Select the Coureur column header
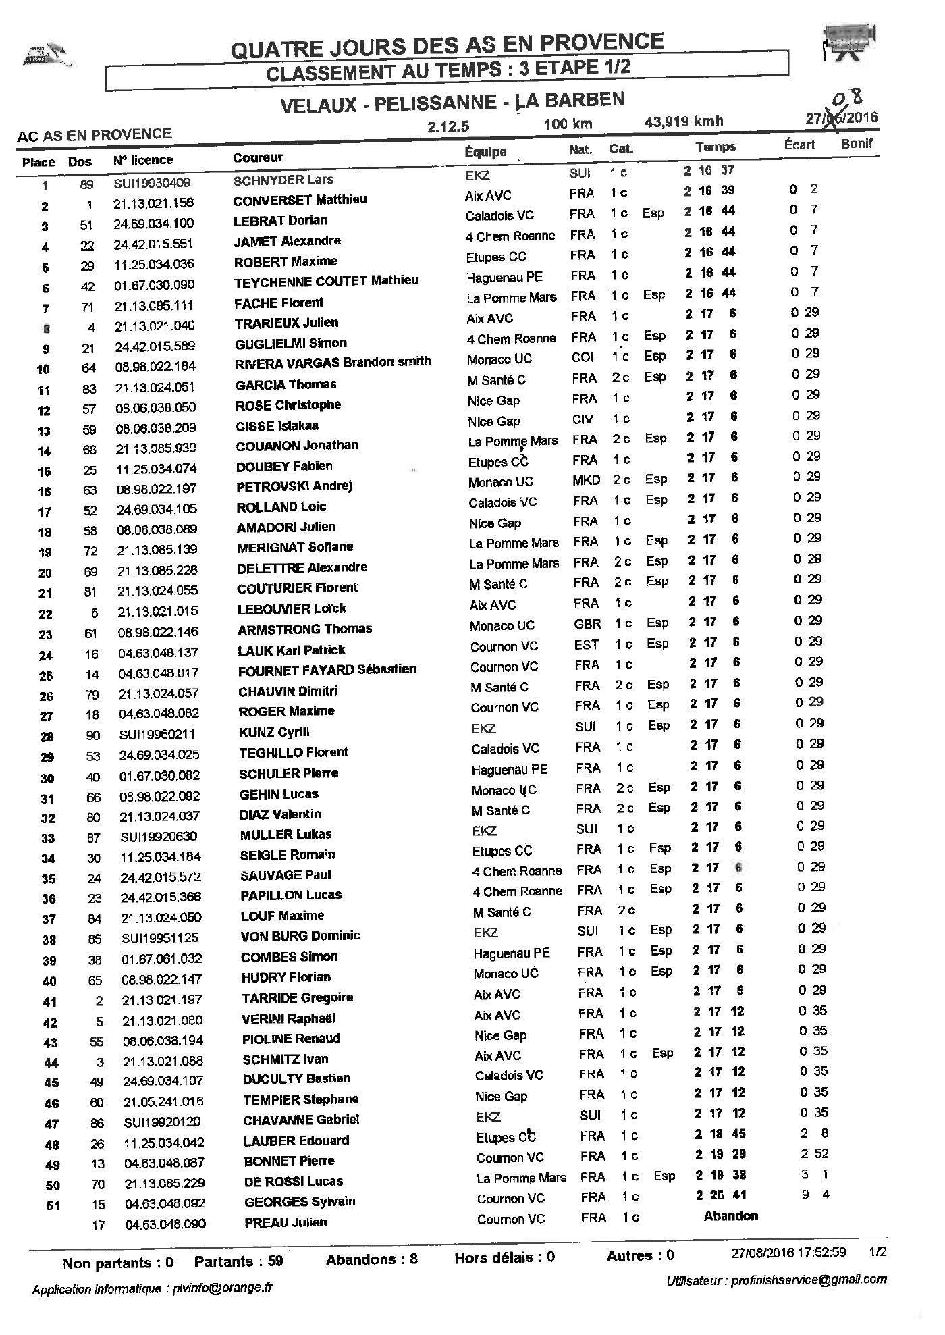click(x=257, y=158)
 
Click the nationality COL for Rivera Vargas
click(x=584, y=358)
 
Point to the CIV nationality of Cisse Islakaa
click(x=583, y=419)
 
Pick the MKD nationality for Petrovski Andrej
click(x=585, y=480)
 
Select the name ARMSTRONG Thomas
click(x=304, y=629)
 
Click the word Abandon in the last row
click(x=730, y=1216)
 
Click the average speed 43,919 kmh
click(x=684, y=122)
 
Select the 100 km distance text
click(x=568, y=124)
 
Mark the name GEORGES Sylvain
click(x=300, y=1202)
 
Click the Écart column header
click(x=799, y=145)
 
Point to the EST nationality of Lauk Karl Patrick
click(x=586, y=644)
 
